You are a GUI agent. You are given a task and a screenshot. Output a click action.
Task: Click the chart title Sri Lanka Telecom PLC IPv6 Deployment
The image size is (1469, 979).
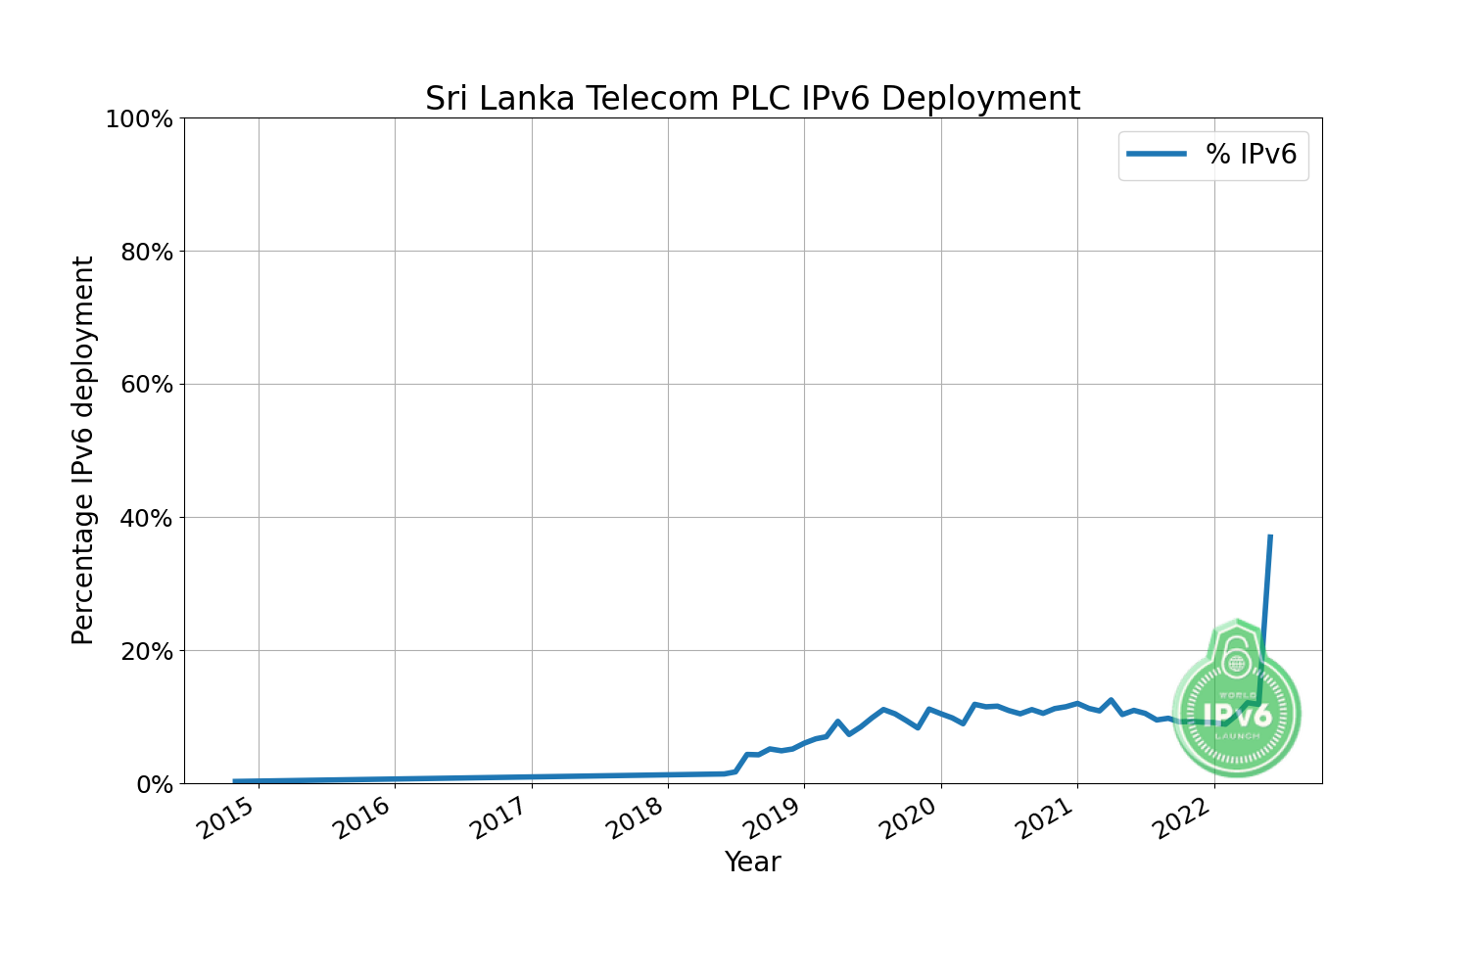tap(752, 99)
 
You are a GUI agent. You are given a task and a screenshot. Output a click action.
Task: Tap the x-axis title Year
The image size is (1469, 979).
tap(752, 862)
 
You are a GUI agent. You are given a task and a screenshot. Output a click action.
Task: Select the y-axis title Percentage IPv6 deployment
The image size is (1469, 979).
tap(83, 450)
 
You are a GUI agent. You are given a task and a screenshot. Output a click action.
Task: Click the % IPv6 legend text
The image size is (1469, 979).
tap(1251, 154)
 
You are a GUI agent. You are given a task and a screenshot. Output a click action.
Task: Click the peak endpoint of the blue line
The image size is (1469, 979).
tap(1270, 536)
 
